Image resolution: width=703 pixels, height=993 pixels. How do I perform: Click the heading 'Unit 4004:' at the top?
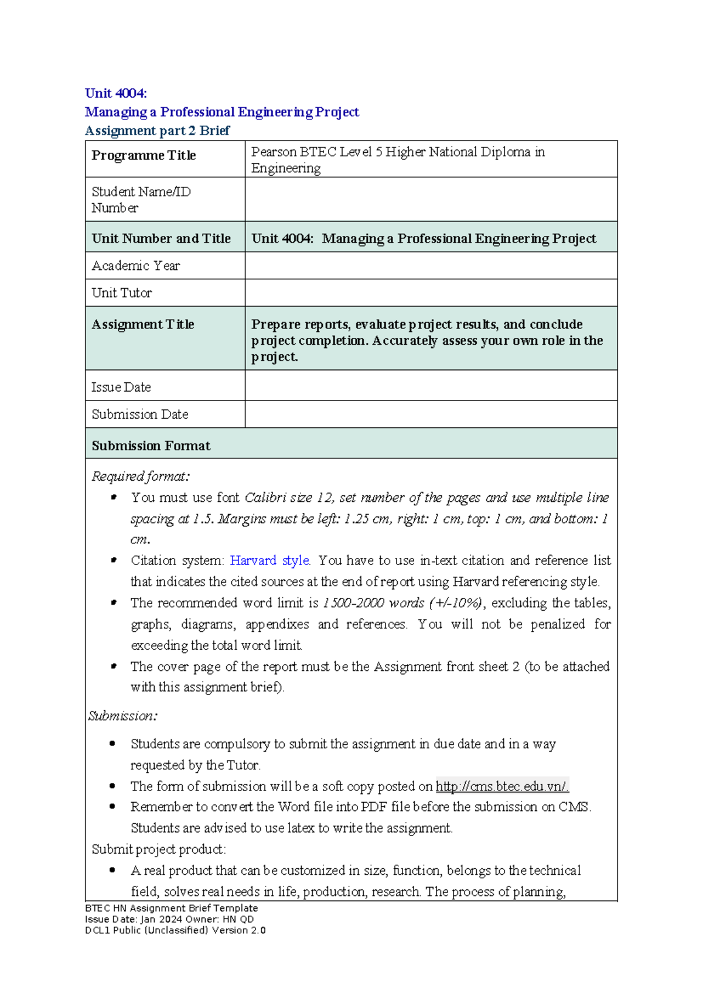coord(115,93)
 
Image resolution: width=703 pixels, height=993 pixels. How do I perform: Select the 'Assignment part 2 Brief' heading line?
coord(157,131)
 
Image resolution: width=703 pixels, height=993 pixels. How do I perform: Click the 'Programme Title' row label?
coord(144,156)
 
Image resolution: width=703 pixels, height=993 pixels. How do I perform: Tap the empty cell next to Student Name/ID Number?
coord(431,200)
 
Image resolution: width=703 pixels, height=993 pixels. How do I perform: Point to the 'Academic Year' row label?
coord(135,266)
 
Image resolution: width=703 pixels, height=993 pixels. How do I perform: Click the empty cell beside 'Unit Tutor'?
coord(431,293)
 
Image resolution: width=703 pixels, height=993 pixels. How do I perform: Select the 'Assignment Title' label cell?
coord(143,324)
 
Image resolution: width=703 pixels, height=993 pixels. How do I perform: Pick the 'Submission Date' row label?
coord(140,415)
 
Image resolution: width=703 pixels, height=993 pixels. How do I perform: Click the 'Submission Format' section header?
coord(151,446)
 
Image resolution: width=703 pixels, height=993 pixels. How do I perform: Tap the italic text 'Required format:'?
coord(141,477)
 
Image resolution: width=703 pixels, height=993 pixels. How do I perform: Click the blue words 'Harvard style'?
coord(269,561)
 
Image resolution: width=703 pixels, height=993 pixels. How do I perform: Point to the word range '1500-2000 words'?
coord(373,603)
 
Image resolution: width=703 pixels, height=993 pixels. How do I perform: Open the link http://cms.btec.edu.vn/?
coord(502,786)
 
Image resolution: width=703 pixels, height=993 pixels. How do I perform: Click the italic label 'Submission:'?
coord(122,716)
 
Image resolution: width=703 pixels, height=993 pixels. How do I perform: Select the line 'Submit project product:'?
coord(158,850)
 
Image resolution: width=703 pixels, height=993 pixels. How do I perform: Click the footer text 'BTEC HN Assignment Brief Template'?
coord(171,908)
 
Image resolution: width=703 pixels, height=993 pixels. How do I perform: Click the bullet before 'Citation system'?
coord(114,560)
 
